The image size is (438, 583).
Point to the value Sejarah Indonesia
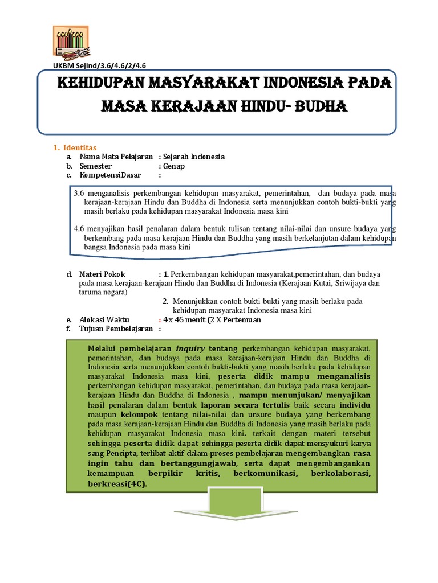pyautogui.click(x=194, y=157)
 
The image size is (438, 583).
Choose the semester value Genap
pyautogui.click(x=175, y=166)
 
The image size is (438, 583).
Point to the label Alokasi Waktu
pyautogui.click(x=104, y=319)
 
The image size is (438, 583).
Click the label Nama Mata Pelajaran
pyautogui.click(x=116, y=157)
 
